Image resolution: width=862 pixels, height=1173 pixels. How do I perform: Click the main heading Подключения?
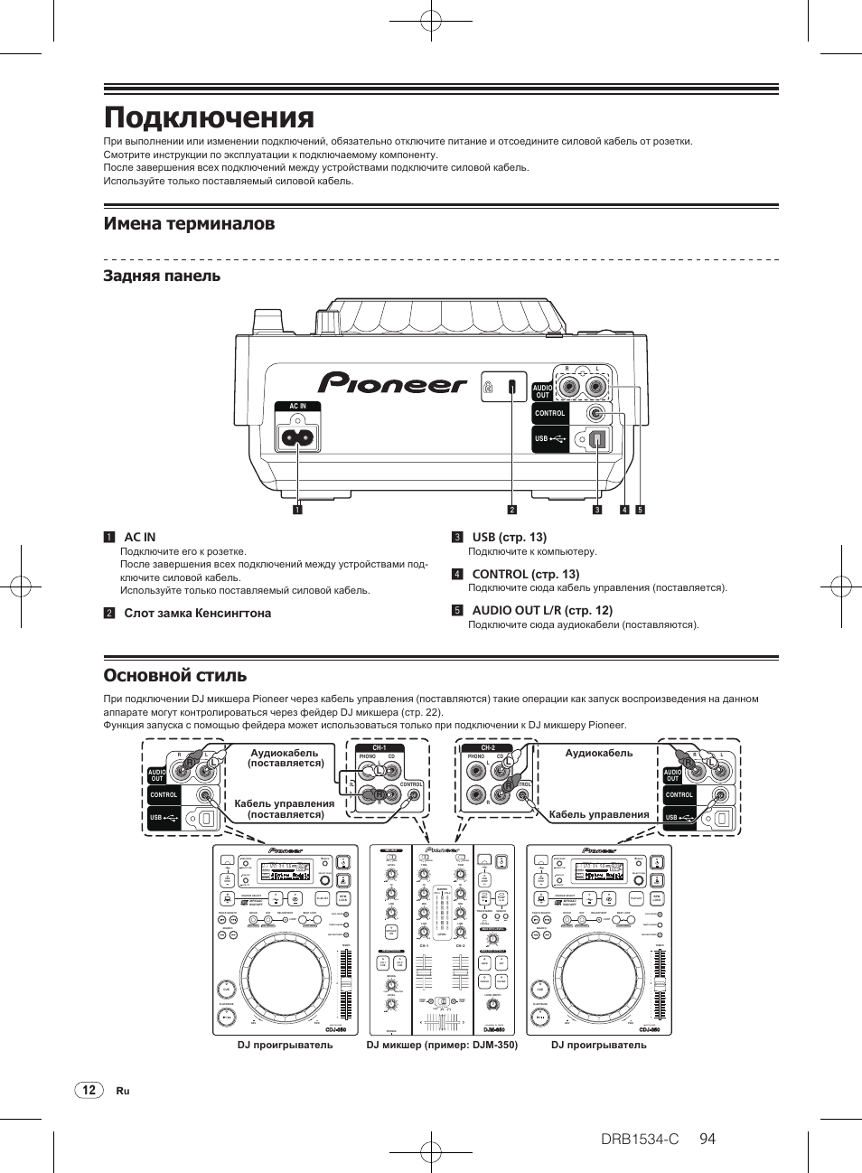click(209, 117)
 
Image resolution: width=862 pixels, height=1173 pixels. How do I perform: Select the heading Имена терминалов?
click(189, 223)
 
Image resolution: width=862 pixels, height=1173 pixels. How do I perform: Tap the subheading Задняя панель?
click(162, 276)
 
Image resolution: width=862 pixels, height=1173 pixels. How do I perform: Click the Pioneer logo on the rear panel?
click(392, 384)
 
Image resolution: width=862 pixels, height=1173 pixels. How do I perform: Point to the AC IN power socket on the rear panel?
click(297, 437)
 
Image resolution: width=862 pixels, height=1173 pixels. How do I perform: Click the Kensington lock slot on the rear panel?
click(511, 387)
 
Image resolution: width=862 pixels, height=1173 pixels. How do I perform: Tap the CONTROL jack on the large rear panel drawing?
click(595, 413)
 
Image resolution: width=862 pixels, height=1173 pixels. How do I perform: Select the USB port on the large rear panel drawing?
click(598, 438)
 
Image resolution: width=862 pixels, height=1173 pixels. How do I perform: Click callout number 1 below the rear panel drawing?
click(296, 510)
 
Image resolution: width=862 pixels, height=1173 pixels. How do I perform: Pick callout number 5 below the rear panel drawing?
click(640, 510)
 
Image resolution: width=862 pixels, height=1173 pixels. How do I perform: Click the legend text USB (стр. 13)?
click(509, 537)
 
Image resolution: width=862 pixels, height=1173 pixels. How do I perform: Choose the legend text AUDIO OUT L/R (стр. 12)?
click(542, 610)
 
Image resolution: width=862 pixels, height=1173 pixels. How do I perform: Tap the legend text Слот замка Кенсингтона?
click(197, 613)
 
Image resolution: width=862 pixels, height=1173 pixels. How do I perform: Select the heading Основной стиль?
click(175, 675)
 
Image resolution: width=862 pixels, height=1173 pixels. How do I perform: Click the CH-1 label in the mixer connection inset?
click(379, 747)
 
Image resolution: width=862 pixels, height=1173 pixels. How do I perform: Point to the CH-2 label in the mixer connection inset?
click(488, 747)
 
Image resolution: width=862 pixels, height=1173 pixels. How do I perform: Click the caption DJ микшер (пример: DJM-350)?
click(442, 1045)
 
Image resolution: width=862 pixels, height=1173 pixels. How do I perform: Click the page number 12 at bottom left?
click(89, 1090)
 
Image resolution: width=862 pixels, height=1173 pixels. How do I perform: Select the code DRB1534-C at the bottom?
click(639, 1139)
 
